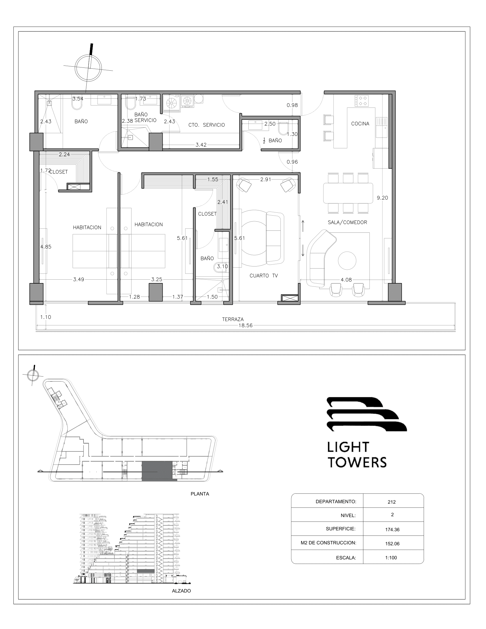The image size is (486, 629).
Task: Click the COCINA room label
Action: [x=360, y=124]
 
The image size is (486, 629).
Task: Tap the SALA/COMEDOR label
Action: [x=347, y=222]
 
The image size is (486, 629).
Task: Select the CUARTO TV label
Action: [x=264, y=276]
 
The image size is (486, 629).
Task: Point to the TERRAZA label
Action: [x=233, y=319]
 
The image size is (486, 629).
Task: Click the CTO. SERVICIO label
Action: [x=206, y=125]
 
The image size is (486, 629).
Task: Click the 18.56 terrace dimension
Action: [x=245, y=325]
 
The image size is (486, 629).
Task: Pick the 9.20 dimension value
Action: [x=382, y=198]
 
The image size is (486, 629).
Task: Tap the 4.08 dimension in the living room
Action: [x=346, y=280]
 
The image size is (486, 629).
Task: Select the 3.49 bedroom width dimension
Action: [x=78, y=279]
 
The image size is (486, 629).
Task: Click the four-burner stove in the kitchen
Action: [x=362, y=101]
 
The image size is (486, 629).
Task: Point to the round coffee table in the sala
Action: [x=347, y=260]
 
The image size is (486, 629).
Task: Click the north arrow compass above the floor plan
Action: [x=88, y=68]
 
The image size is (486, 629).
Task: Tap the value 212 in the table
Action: [x=392, y=502]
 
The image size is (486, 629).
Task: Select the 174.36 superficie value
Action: [x=393, y=529]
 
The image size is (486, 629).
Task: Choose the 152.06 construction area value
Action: [x=393, y=544]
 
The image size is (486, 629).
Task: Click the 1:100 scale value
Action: [x=391, y=558]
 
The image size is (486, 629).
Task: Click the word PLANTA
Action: [x=200, y=494]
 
